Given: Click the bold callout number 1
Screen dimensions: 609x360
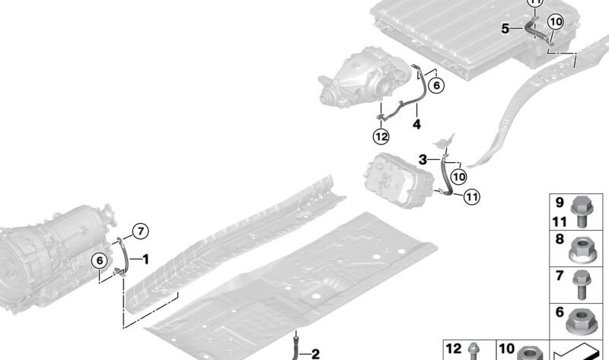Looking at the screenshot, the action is [x=145, y=259].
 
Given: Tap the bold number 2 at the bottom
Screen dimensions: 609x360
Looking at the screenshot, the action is [x=315, y=354].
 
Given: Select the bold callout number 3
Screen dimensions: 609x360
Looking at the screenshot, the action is [x=423, y=159].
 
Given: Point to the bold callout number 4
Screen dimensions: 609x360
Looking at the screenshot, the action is [x=416, y=124].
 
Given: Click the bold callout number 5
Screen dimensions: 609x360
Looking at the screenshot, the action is [x=505, y=29].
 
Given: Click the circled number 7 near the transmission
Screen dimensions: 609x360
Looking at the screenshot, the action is [x=140, y=231].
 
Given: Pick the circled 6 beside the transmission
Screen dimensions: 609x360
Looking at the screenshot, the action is [x=100, y=260].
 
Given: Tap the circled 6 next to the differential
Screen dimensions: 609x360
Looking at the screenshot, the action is [x=436, y=85].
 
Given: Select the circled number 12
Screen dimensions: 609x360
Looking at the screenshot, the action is [x=381, y=136].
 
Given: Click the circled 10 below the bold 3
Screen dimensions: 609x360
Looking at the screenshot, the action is [x=459, y=177].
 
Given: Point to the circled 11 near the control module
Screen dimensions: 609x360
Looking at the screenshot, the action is [x=471, y=197].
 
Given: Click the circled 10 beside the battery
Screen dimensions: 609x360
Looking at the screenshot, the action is [x=556, y=22].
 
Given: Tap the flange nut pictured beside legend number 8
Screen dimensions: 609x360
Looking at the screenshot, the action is [x=582, y=251].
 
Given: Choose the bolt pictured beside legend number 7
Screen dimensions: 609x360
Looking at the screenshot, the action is [x=582, y=285].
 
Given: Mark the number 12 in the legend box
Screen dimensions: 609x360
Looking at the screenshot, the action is [x=453, y=349].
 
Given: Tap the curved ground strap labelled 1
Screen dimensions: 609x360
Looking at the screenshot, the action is [x=124, y=256].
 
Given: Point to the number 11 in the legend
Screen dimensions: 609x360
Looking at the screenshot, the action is [x=560, y=221].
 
